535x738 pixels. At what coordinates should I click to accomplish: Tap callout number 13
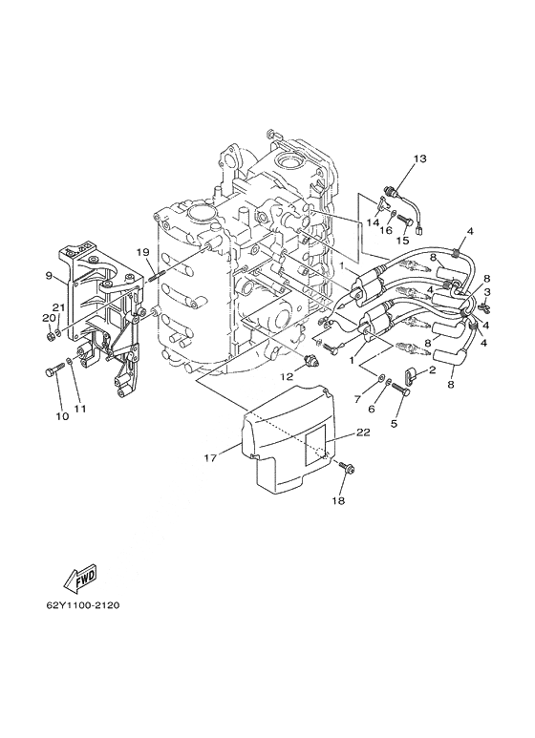tap(419, 159)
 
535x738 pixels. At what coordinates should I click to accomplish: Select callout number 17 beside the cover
tap(210, 457)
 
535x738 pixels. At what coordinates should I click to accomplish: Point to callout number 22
tap(363, 432)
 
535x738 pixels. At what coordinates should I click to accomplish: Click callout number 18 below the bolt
tap(338, 501)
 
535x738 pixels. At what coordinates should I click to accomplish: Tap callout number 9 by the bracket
tap(49, 276)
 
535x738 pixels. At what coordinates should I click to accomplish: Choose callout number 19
tap(142, 252)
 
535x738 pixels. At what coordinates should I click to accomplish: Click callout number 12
tap(287, 376)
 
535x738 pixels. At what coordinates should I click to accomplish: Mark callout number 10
tap(62, 416)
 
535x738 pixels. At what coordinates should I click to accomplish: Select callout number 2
tap(433, 369)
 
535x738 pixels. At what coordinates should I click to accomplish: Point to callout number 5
tap(394, 424)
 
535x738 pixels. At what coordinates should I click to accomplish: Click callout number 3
tap(487, 292)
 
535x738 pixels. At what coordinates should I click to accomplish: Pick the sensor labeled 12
tap(312, 360)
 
